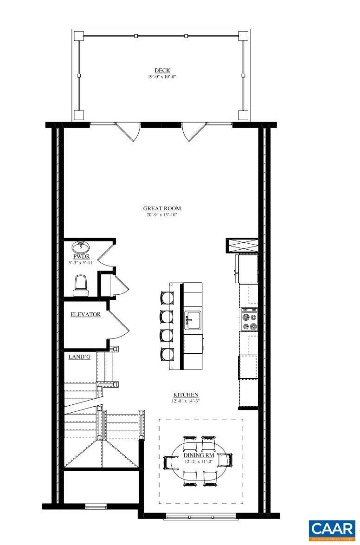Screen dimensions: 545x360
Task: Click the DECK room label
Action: pos(162,71)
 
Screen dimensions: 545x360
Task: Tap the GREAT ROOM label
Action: pos(162,208)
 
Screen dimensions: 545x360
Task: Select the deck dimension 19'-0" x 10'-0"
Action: pos(162,77)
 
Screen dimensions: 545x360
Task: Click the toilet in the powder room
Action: pos(81,284)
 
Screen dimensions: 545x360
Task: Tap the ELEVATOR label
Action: pos(85,314)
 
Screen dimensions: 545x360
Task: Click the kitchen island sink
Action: pos(193,319)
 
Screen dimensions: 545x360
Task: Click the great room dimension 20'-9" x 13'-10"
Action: pos(162,215)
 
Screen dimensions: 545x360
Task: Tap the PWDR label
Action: pos(81,256)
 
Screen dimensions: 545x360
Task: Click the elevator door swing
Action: pos(118,325)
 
